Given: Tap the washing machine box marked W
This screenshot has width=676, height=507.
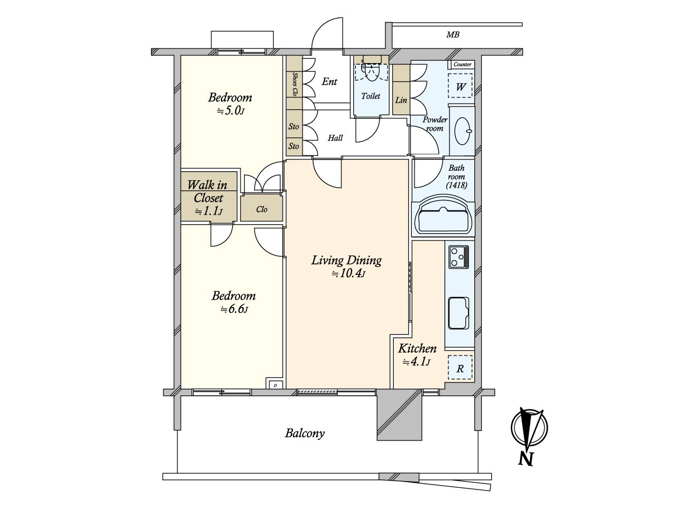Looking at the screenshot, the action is click(x=460, y=86).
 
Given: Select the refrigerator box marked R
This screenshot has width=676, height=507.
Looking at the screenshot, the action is click(x=460, y=367).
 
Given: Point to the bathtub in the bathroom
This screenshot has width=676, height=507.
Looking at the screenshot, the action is click(x=443, y=216).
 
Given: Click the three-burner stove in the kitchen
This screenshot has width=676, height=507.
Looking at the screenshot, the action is click(x=459, y=257).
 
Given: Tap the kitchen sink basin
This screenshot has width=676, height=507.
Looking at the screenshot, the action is click(x=459, y=313).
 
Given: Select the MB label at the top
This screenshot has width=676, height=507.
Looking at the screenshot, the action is click(x=453, y=35).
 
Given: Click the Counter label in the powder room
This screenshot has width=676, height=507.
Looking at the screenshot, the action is click(x=462, y=64).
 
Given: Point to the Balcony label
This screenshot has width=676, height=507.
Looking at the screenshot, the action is click(x=305, y=433).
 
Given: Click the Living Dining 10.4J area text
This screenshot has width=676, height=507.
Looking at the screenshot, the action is click(x=347, y=266).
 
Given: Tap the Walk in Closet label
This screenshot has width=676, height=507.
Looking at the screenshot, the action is click(x=208, y=198).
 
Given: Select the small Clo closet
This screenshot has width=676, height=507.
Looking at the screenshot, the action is click(x=261, y=208).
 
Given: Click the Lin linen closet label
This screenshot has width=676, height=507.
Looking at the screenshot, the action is click(x=401, y=100).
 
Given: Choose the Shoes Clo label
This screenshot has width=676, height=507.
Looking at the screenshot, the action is click(x=295, y=84).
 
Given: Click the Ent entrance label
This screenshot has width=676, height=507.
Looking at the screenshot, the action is click(x=329, y=82).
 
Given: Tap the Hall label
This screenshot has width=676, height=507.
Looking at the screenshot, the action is click(x=335, y=138).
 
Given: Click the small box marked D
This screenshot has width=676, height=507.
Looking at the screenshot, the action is click(x=275, y=385).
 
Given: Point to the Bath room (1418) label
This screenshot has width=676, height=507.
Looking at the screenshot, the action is click(x=456, y=176).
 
